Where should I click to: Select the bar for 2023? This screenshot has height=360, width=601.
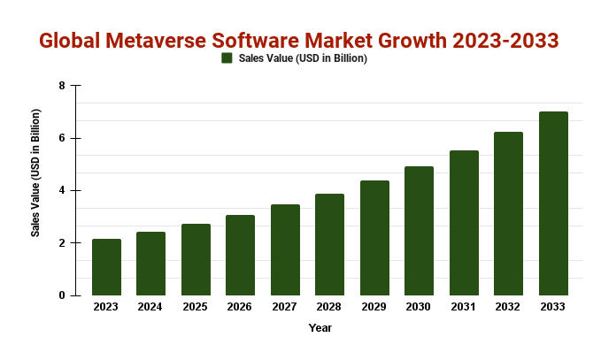click(x=106, y=267)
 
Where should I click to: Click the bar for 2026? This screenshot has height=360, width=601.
click(x=240, y=255)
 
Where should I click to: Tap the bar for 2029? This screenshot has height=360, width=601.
click(x=374, y=238)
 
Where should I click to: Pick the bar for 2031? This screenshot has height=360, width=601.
click(x=464, y=223)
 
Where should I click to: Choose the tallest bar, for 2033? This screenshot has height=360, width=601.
click(x=553, y=203)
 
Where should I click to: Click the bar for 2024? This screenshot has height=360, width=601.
click(x=150, y=264)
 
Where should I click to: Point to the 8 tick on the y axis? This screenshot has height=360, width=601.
click(x=62, y=86)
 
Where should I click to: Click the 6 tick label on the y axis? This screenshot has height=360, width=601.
click(x=62, y=138)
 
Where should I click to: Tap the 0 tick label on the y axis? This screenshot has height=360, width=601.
click(x=62, y=295)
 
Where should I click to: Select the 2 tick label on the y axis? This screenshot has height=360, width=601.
click(x=62, y=243)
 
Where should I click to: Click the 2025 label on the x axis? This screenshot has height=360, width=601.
click(x=196, y=307)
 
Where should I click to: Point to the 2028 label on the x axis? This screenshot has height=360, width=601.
click(x=329, y=307)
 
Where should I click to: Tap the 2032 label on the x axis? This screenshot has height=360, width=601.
click(x=508, y=307)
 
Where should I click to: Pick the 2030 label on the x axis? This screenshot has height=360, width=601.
click(x=419, y=307)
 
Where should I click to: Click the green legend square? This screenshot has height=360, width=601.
click(x=227, y=58)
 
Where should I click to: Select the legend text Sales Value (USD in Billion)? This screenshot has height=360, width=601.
click(x=302, y=58)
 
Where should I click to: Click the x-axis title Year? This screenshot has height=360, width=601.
click(x=320, y=328)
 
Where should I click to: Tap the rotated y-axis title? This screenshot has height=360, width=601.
click(x=36, y=173)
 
